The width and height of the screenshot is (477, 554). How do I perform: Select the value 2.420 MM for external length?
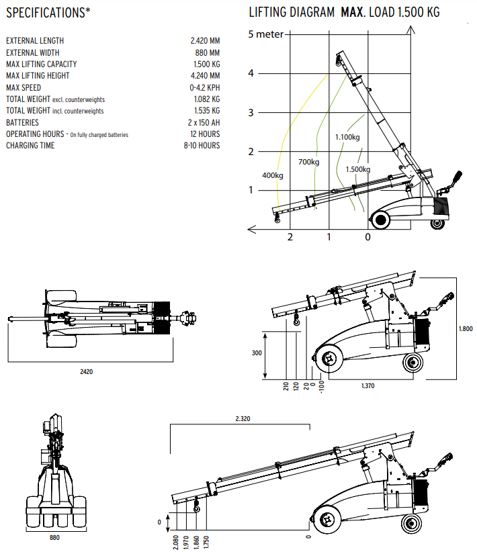[205, 41]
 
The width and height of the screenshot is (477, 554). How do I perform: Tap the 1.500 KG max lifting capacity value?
[206, 64]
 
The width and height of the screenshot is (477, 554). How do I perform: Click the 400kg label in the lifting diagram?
[272, 176]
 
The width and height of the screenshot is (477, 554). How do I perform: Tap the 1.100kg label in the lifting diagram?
[347, 138]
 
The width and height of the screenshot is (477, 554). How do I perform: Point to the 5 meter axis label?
[266, 35]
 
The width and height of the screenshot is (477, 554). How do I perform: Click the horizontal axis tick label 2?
[290, 237]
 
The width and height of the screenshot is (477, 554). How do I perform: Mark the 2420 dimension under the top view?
[85, 371]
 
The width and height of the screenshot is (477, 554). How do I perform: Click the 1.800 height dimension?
[465, 328]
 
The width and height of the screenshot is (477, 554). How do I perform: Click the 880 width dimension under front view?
[55, 538]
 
